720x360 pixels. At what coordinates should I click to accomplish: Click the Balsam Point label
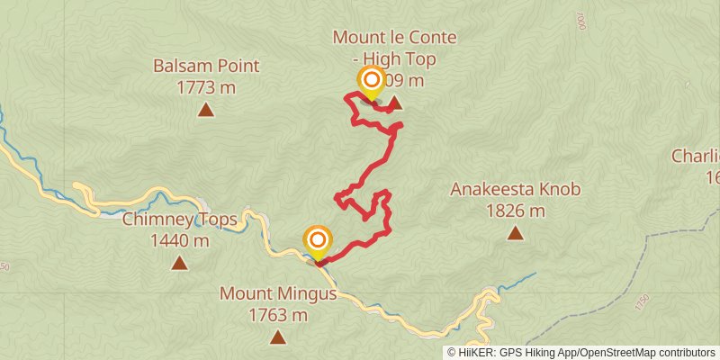pyautogui.click(x=206, y=66)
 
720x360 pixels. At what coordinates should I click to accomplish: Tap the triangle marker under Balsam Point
pyautogui.click(x=206, y=111)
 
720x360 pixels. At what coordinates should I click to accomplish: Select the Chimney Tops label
pyautogui.click(x=166, y=220)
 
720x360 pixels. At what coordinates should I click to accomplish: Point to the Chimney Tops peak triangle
pyautogui.click(x=180, y=264)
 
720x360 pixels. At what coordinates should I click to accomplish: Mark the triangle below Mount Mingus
pyautogui.click(x=278, y=338)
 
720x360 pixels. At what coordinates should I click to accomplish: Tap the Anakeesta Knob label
pyautogui.click(x=515, y=190)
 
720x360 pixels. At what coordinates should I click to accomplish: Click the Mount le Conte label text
pyautogui.click(x=395, y=38)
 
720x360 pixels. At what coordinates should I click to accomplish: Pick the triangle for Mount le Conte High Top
pyautogui.click(x=394, y=103)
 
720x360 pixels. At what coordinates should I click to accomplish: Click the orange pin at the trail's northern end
pyautogui.click(x=371, y=81)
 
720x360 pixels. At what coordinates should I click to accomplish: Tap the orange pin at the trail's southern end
pyautogui.click(x=318, y=240)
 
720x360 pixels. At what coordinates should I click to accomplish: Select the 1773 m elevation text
pyautogui.click(x=206, y=87)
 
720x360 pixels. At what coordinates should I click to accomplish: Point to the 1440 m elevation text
pyautogui.click(x=180, y=240)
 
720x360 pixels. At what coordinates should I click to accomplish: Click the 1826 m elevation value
pyautogui.click(x=515, y=211)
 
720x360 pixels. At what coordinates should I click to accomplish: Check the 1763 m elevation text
pyautogui.click(x=278, y=316)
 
